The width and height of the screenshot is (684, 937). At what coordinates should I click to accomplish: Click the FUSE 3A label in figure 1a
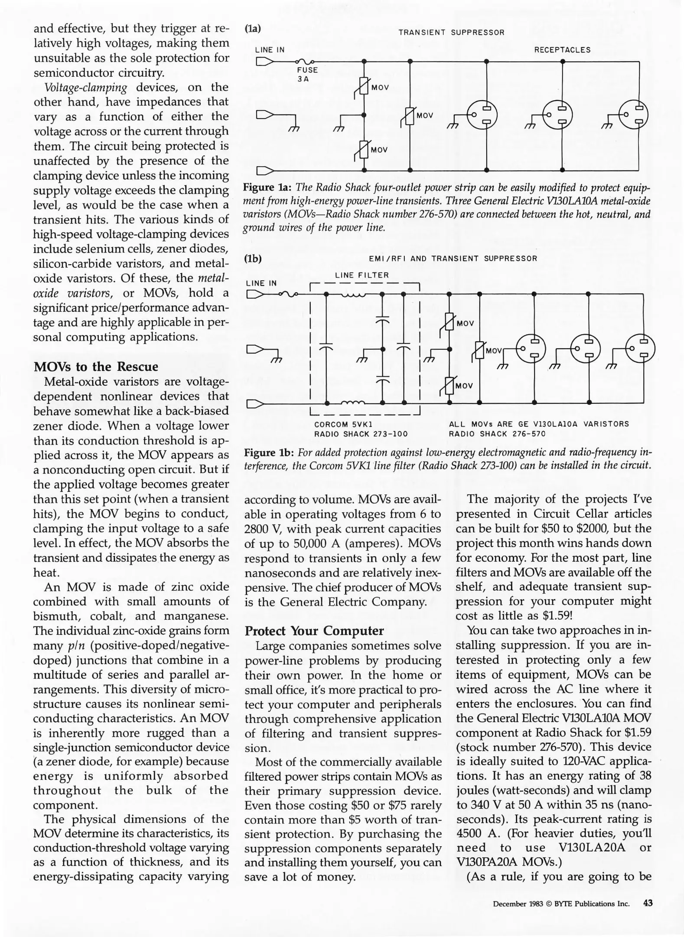307,74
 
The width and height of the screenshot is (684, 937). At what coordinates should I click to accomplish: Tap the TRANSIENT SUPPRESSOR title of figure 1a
451,33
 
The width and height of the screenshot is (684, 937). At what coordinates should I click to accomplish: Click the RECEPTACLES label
562,50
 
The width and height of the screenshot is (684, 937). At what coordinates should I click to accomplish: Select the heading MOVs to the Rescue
96,367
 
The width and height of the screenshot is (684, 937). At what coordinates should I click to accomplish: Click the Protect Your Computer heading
314,630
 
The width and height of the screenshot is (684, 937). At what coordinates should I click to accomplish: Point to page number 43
648,903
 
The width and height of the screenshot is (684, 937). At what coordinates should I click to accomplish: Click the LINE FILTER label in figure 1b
362,275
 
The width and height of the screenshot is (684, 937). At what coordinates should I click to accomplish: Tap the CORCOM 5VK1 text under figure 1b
343,424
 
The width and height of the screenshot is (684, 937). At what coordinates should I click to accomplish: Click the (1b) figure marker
253,259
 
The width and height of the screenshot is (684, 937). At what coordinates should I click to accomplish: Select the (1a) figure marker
253,29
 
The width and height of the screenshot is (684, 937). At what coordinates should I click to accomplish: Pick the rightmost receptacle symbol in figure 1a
634,115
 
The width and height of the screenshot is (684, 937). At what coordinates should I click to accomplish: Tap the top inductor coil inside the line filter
354,295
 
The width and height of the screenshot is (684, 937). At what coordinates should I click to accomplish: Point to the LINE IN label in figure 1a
270,50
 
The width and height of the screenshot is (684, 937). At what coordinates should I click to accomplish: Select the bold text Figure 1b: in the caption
269,453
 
